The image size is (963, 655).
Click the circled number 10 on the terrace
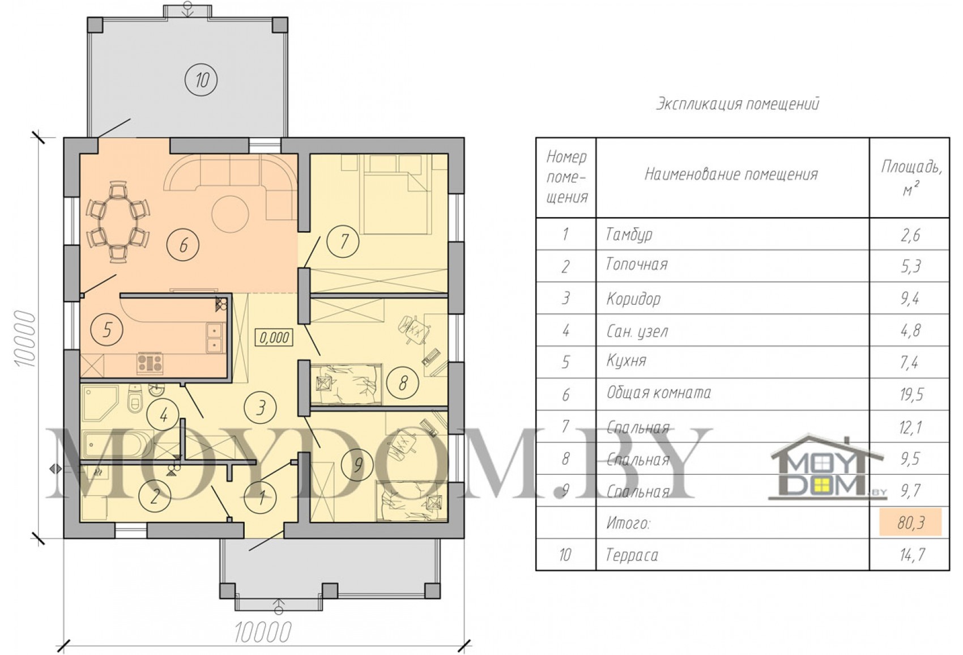click(201, 80)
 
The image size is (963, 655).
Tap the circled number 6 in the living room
click(183, 245)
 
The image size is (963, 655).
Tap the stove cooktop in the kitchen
click(150, 362)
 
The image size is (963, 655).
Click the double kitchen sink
click(214, 338)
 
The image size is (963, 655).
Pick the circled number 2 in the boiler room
click(155, 496)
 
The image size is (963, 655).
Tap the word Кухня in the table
click(626, 360)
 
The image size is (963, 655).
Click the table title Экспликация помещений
click(738, 104)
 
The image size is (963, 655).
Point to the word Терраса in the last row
click(632, 555)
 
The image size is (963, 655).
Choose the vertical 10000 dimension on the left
click(25, 338)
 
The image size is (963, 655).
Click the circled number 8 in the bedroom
click(402, 382)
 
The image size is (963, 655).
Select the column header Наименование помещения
click(731, 174)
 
